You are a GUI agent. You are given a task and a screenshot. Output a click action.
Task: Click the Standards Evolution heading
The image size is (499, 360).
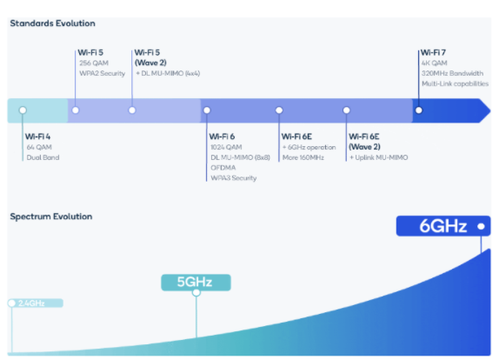[52, 23]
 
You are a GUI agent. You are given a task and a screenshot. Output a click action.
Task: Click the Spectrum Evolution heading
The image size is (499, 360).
[51, 217]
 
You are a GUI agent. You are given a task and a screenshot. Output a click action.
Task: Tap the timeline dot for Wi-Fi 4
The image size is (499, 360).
[23, 110]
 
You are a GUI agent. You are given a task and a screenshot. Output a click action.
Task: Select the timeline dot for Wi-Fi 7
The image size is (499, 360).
[419, 110]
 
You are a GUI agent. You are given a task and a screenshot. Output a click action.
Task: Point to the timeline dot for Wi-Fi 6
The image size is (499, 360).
[207, 110]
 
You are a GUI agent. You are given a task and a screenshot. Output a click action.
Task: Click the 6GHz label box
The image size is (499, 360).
[443, 226]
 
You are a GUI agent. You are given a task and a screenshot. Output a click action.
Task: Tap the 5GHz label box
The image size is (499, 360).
[196, 283]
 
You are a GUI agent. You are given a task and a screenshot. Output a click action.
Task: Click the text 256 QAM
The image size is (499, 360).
[94, 63]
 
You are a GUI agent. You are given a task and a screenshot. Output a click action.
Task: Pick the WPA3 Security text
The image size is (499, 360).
[234, 178]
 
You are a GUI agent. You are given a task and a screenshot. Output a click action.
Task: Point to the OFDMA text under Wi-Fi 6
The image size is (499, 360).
[223, 168]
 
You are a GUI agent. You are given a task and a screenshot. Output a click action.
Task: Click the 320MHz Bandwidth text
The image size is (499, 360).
[452, 73]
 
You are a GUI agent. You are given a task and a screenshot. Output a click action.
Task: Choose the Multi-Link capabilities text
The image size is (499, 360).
[455, 83]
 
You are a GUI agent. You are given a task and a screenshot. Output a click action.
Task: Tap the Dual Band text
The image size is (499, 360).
[43, 157]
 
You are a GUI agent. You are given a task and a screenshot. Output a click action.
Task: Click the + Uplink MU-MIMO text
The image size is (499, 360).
[379, 157]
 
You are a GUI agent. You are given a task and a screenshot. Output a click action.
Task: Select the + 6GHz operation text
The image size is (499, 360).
[309, 147]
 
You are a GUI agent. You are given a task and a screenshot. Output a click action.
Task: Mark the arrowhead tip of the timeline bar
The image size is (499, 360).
[490, 110]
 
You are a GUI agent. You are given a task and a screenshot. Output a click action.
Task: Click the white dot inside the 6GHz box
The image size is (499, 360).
[482, 226]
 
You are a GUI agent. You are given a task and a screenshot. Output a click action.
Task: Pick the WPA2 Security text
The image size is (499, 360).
[103, 74]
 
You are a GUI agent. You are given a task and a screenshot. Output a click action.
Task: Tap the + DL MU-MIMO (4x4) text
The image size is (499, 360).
[168, 73]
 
